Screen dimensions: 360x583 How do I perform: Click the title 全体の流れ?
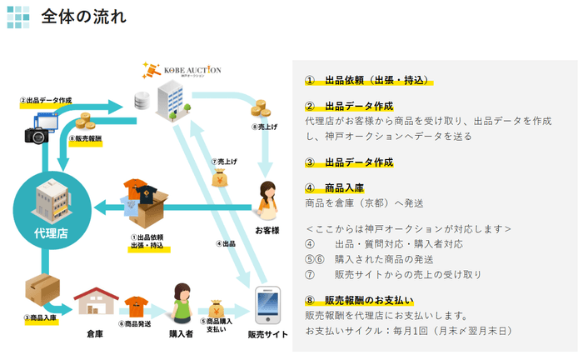pyautogui.click(x=84, y=16)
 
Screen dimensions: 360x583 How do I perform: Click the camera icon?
pyautogui.click(x=38, y=133)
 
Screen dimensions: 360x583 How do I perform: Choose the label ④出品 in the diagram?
pyautogui.click(x=225, y=244)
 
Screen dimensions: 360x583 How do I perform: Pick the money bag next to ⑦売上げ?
pyautogui.click(x=222, y=177)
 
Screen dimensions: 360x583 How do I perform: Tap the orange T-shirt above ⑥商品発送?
pyautogui.click(x=136, y=304)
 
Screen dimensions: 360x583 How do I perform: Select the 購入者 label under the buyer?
pyautogui.click(x=182, y=333)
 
